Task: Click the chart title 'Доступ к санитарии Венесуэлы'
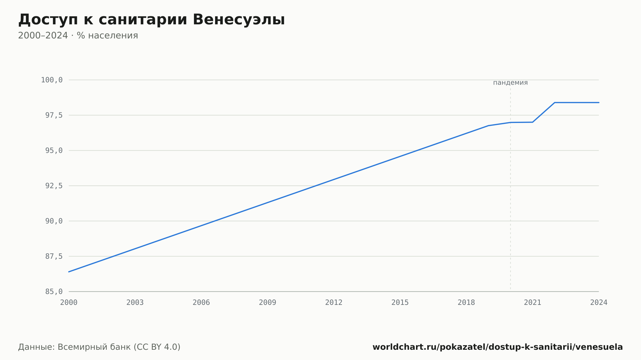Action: [x=152, y=20]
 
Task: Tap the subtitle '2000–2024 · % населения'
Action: [x=78, y=36]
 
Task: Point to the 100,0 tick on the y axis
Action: [x=52, y=80]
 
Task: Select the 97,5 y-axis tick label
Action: [x=54, y=115]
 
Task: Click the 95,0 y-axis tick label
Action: [x=54, y=151]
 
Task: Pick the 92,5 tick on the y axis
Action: [x=54, y=186]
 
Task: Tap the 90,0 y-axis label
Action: [x=54, y=221]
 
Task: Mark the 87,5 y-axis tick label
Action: [x=54, y=256]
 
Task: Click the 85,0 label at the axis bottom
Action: [x=54, y=291]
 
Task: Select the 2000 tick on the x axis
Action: [x=69, y=303]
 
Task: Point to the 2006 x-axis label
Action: [x=201, y=303]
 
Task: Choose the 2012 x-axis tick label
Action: [x=334, y=303]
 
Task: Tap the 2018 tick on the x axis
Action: [x=466, y=303]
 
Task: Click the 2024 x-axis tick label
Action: [x=599, y=303]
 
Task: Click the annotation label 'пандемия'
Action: [x=510, y=83]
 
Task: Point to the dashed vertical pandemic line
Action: [x=511, y=188]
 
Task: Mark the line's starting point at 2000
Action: [x=69, y=272]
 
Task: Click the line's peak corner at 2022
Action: [x=554, y=102]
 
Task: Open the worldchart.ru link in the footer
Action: [x=497, y=347]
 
